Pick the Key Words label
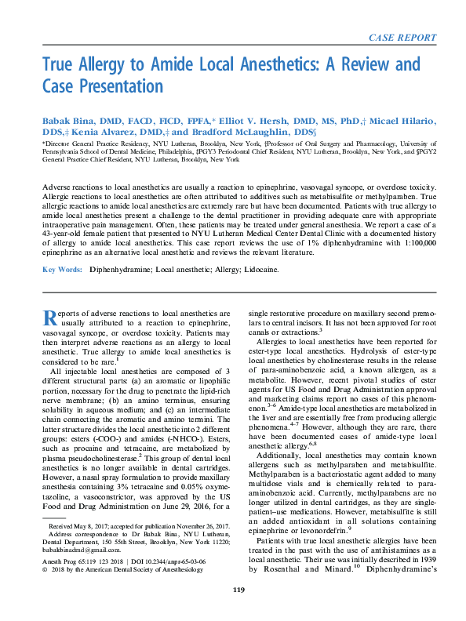[61, 269]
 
